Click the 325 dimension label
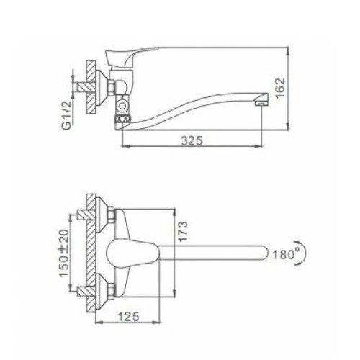point(192,141)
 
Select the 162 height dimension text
point(280,88)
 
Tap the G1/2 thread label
point(67,115)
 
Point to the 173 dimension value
point(183,231)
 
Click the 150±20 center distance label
point(64,253)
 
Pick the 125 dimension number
point(129,317)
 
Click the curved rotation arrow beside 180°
point(303,253)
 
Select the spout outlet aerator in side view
point(261,102)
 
